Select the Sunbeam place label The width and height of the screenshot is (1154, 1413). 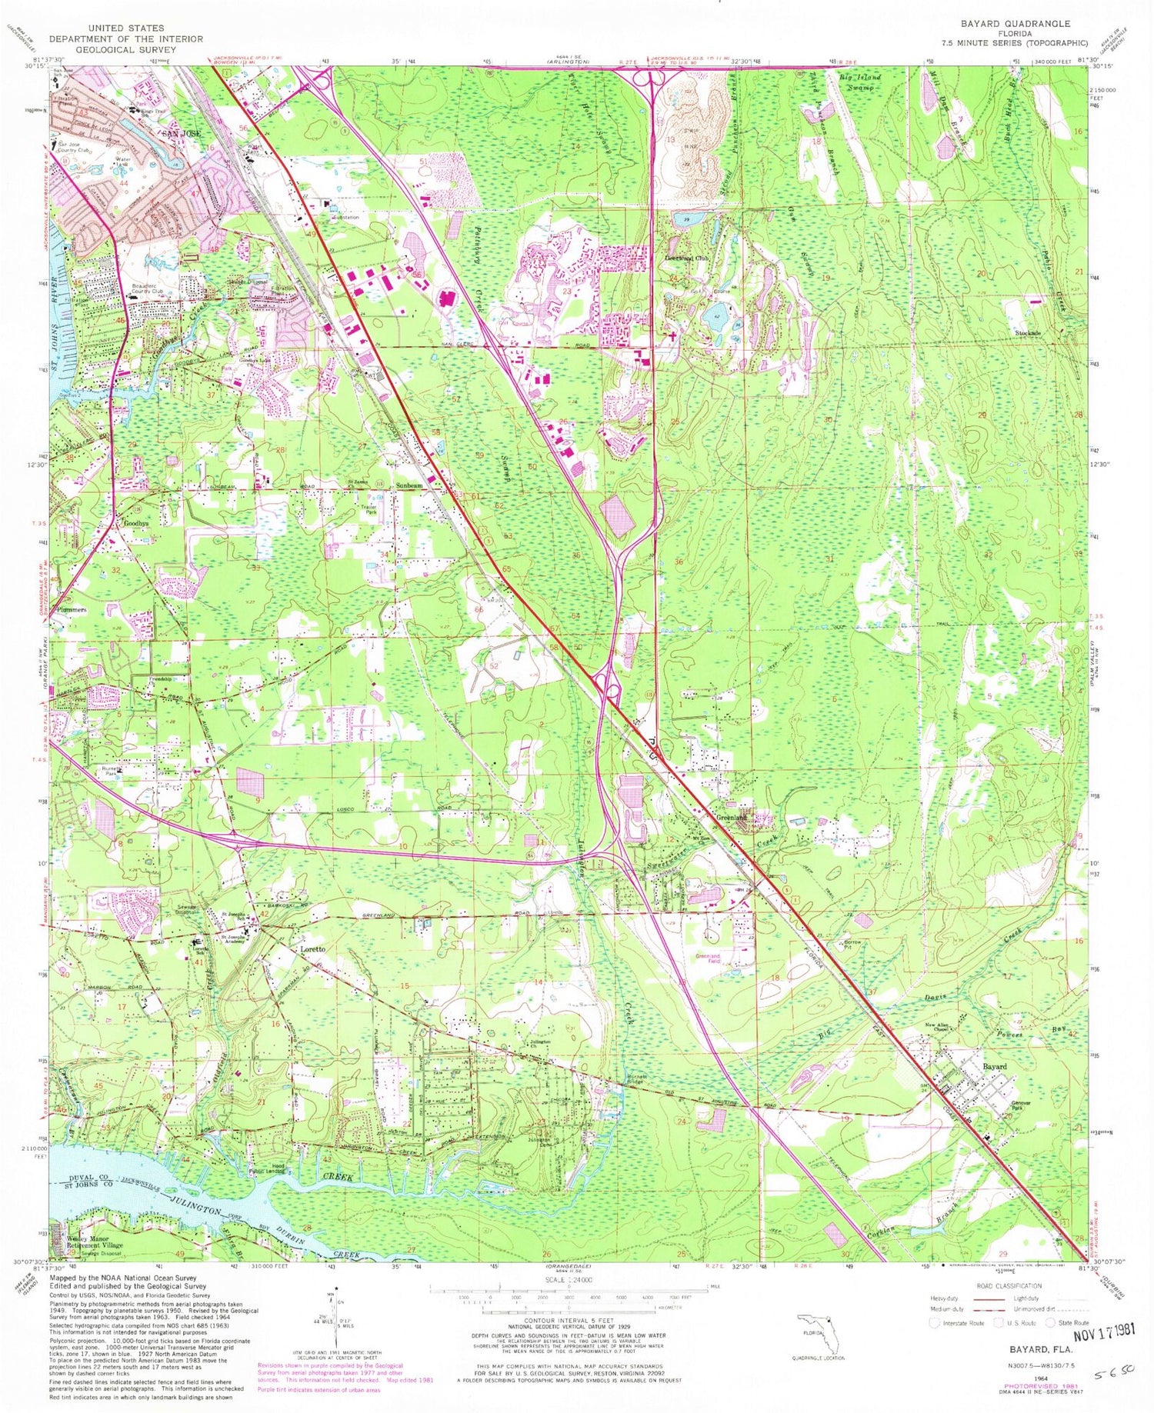[x=409, y=486]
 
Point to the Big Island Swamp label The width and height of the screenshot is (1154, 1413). [x=869, y=78]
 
